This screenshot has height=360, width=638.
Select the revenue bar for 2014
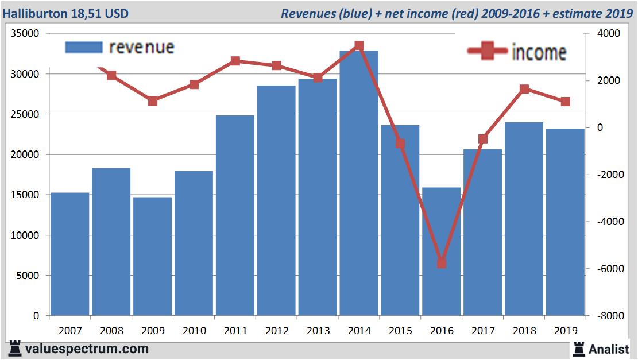pos(359,184)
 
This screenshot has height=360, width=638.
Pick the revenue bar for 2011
pos(235,215)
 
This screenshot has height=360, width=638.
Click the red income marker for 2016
pos(442,263)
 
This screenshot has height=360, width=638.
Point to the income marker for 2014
pos(359,45)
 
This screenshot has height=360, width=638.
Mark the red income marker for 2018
pos(524,89)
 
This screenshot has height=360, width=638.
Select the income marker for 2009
pos(153,101)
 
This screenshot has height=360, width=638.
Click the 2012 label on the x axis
pos(276,331)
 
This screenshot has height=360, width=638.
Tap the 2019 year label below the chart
pos(565,331)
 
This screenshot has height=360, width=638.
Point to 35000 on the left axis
pos(25,34)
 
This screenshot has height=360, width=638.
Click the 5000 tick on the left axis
pos(27,276)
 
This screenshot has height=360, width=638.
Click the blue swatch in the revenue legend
pos(83,47)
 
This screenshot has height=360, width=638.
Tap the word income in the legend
pos(538,52)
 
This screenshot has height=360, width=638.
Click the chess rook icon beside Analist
pos(579,349)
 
